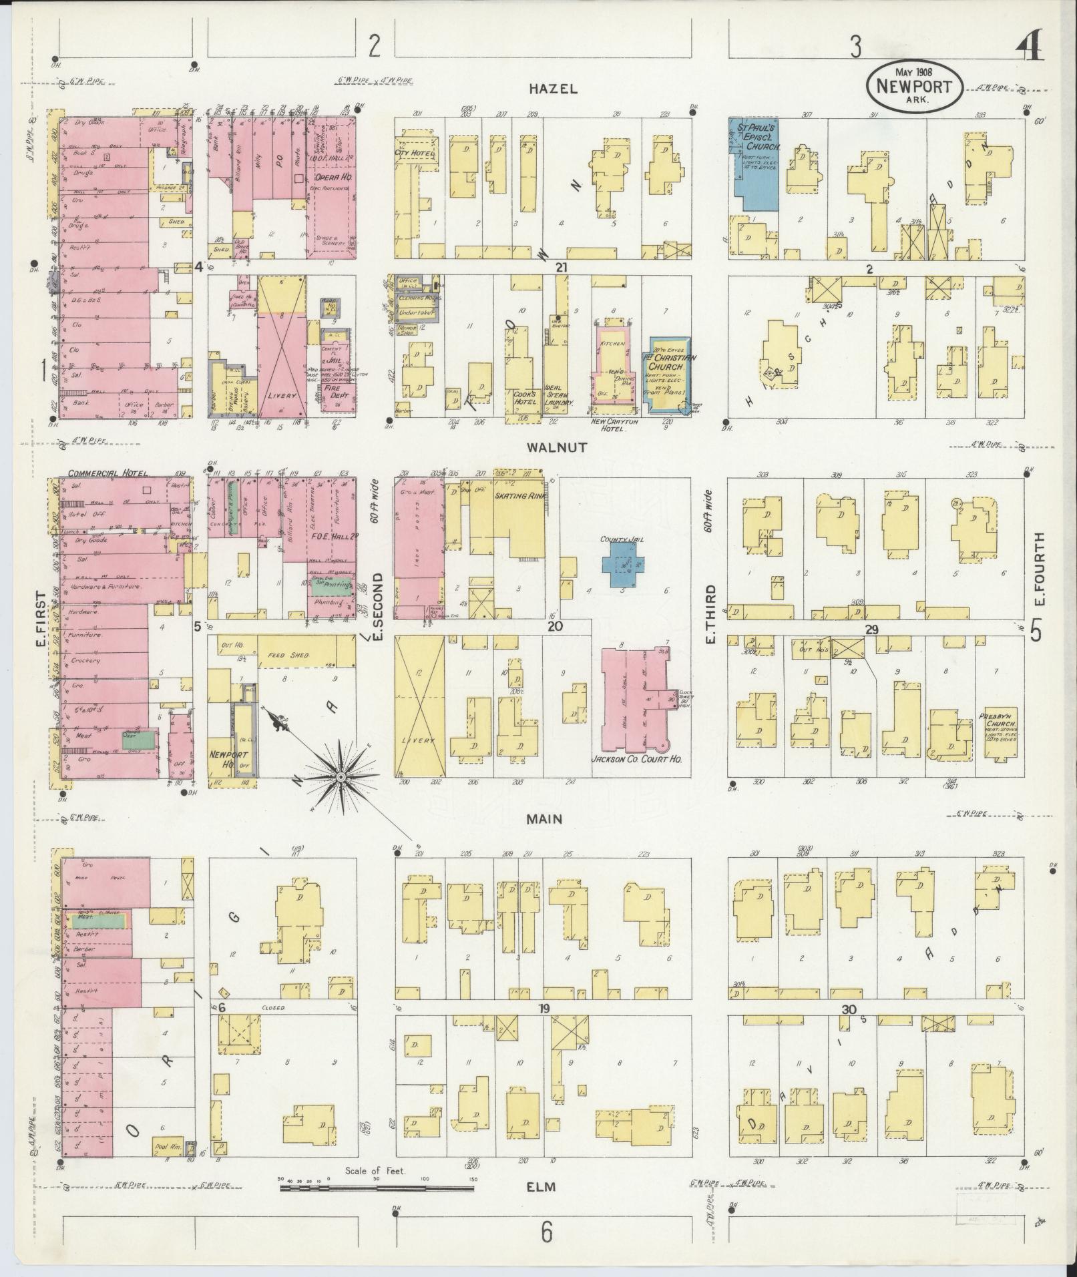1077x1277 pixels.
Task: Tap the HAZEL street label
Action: (553, 89)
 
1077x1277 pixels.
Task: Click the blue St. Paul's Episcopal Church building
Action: (756, 174)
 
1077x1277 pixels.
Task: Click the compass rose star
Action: (341, 777)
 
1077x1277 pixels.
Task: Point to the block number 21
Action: (561, 267)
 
